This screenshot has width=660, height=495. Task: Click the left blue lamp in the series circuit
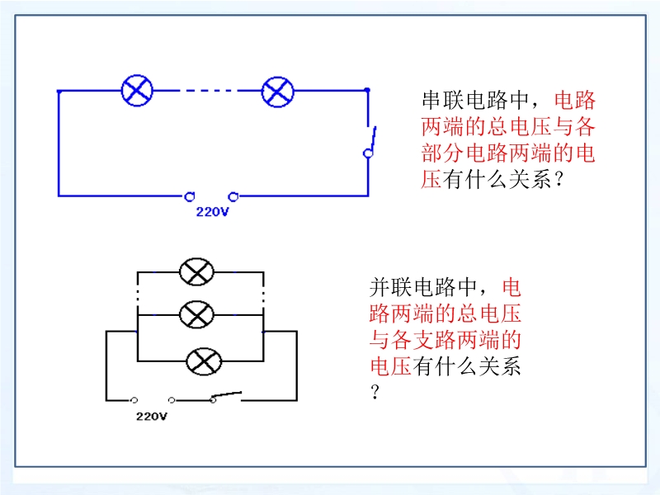pos(137,91)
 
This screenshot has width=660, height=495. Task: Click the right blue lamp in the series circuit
pos(277,92)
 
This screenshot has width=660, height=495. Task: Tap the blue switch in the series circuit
pos(370,142)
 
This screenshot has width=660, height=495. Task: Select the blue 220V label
pos(212,211)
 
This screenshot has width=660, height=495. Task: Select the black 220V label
pos(152,417)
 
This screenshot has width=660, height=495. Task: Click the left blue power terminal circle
pos(190,196)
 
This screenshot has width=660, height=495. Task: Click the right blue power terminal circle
pos(233,196)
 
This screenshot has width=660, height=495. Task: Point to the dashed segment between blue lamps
pos(208,91)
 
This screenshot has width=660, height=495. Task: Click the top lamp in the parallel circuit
pos(196,272)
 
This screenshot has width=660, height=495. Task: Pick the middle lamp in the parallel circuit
pos(196,314)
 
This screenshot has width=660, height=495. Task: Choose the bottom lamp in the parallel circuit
pos(204,361)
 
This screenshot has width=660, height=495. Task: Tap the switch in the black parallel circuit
pos(226,397)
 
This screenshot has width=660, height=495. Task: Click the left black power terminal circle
pos(134,400)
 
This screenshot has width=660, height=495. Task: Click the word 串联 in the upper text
pos(443,100)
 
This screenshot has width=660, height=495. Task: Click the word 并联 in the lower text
pos(390,287)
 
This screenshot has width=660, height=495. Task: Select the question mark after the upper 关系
pos(559,180)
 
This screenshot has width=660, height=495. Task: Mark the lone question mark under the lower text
pos(375,392)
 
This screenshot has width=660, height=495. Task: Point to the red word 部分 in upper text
pos(443,153)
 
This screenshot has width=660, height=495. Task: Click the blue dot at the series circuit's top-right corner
pos(367,90)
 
